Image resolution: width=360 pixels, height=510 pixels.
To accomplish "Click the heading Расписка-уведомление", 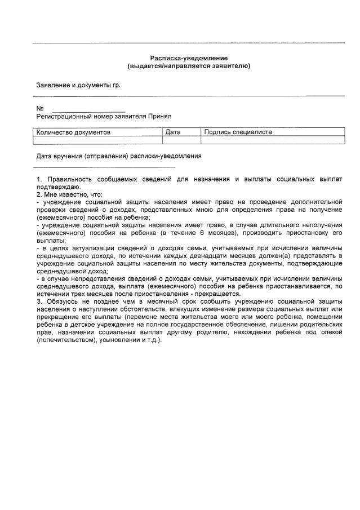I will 188,59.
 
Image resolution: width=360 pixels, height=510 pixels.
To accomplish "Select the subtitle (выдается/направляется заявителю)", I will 188,66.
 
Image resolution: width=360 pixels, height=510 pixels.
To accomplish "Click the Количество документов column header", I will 73,132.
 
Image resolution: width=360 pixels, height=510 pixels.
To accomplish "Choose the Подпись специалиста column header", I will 238,132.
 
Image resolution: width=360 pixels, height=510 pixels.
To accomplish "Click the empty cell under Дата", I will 182,140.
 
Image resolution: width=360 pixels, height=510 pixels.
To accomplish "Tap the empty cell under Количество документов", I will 98,140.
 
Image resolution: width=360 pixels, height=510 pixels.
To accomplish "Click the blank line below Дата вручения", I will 104,166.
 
